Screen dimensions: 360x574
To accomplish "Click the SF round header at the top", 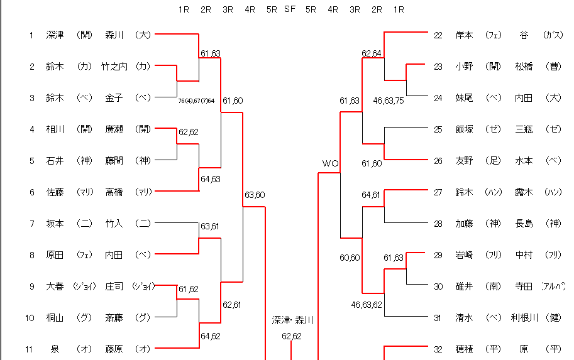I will pos(290,9).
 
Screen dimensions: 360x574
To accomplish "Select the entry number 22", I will pos(438,35).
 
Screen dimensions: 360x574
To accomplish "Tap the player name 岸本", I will pos(465,35).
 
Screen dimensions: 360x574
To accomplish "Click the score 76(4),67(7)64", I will pos(196,101).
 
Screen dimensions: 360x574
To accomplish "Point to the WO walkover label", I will pos(331,163).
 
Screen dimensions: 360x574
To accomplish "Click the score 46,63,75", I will pos(389,100).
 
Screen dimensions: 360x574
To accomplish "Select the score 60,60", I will pos(349,258).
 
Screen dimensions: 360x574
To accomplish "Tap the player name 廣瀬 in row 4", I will pos(114,129).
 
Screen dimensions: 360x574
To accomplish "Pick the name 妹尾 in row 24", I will pos(465,98).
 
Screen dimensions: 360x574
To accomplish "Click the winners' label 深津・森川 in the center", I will pos(292,320).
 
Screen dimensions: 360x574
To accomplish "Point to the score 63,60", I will pos(255,195).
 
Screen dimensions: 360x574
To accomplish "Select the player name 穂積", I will pos(465,349).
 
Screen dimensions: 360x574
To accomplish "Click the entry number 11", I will pos(30,349).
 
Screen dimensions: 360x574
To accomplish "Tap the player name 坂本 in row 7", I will pos(55,223).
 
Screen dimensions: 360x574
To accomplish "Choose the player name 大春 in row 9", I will pos(55,286).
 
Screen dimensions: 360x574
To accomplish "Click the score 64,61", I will pos(371,195).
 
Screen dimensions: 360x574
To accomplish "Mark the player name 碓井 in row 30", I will pos(465,286).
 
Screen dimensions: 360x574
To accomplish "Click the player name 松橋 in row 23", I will pos(524,67).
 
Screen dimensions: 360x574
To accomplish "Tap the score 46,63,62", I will pos(367,305).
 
